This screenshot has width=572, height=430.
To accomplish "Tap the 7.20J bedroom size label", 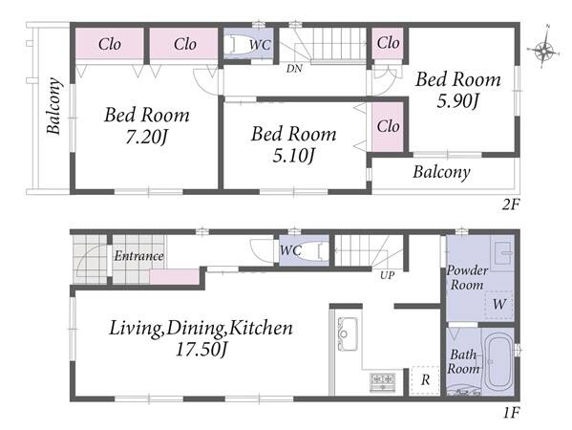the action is (146, 137).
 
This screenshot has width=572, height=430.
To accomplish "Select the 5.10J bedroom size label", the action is (294, 156).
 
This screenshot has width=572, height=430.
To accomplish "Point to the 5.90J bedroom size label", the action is (457, 100).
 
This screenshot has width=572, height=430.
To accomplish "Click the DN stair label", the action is (294, 68).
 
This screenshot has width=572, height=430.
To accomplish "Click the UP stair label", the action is (387, 275).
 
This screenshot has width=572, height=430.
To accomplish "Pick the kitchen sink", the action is (347, 334).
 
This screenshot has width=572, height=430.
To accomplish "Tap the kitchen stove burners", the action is (383, 381).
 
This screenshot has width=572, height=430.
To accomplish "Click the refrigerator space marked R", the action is (425, 380).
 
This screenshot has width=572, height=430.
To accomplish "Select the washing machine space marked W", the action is (499, 304).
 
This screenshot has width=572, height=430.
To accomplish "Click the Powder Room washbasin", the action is (502, 252).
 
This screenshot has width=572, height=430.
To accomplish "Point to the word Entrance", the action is (138, 255).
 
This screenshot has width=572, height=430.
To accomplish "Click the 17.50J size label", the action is (201, 350).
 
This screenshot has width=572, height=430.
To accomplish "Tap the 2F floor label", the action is (510, 204).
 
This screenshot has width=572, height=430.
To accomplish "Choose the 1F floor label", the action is (511, 413).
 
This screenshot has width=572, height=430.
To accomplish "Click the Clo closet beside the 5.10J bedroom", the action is (388, 126).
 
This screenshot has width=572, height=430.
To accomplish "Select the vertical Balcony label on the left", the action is (53, 106).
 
